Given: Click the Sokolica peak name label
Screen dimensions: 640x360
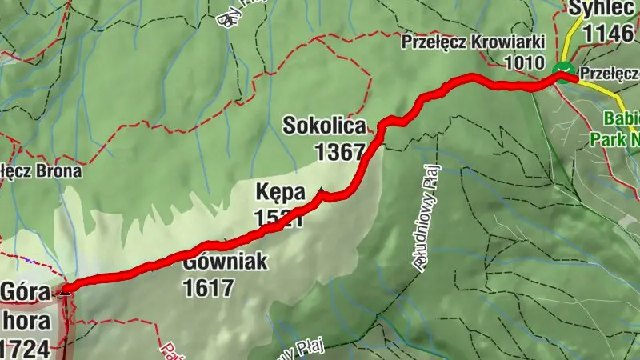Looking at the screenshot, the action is (324, 126).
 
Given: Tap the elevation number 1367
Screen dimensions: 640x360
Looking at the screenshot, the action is (339, 151).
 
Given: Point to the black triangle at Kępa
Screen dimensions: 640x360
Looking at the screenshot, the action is (322, 191).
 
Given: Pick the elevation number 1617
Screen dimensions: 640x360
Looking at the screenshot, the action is (208, 286).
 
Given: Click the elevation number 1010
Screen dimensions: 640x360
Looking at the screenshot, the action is (525, 61).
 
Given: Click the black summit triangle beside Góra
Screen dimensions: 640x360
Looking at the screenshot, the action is (64, 293).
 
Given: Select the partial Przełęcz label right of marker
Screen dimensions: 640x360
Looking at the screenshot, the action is (609, 73).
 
